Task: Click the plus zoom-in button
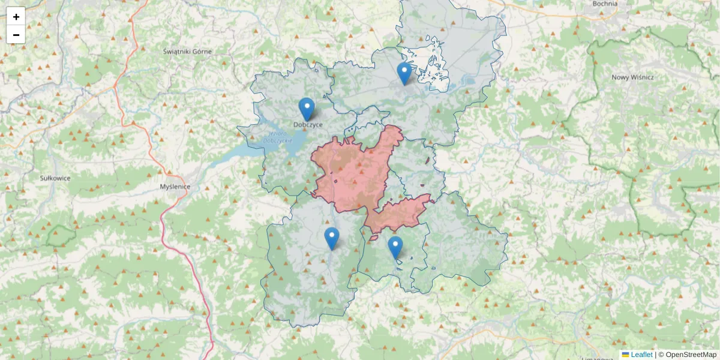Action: [16, 16]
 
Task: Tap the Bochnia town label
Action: [605, 4]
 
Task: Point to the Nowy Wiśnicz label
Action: [632, 77]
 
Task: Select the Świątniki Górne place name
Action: [187, 52]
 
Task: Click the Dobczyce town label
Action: [308, 125]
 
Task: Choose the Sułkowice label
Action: [55, 178]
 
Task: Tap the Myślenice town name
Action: [175, 187]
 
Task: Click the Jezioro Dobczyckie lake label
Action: [277, 137]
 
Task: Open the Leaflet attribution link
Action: [641, 355]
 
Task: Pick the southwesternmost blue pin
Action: [332, 238]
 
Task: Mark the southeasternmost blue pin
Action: [395, 247]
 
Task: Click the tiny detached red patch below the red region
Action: [373, 238]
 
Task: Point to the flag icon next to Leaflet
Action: [625, 355]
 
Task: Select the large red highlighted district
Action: [354, 171]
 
